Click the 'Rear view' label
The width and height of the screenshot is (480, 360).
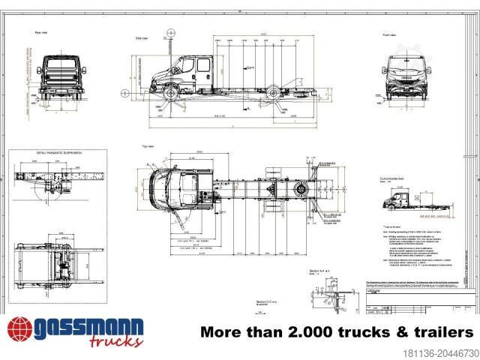(x=41, y=32)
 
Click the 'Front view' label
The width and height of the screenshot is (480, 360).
(x=388, y=34)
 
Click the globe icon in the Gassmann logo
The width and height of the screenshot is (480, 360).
(x=20, y=331)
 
